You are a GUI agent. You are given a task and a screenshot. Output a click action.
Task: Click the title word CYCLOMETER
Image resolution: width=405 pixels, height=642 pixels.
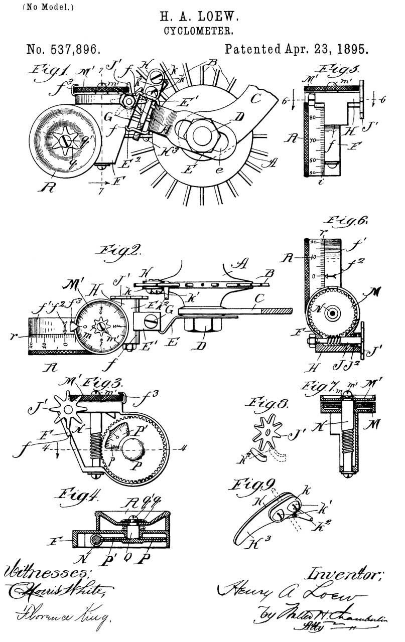tap(202, 31)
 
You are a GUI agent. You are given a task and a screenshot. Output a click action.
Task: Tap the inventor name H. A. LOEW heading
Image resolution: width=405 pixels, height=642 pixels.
tap(202, 18)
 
